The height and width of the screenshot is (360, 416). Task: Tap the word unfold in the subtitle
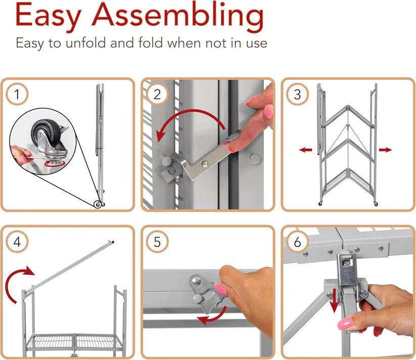pyautogui.click(x=86, y=43)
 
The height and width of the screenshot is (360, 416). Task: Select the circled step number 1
pyautogui.click(x=17, y=94)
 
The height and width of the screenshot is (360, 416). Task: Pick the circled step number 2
pyautogui.click(x=157, y=94)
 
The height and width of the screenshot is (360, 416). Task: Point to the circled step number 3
pyautogui.click(x=297, y=94)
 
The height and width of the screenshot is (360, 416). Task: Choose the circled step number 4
pyautogui.click(x=17, y=242)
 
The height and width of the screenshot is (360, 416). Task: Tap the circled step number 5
pyautogui.click(x=157, y=242)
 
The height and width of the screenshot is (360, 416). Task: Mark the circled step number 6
pyautogui.click(x=297, y=242)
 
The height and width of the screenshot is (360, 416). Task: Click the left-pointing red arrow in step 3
pyautogui.click(x=306, y=150)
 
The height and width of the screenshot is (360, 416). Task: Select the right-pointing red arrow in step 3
pyautogui.click(x=385, y=150)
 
